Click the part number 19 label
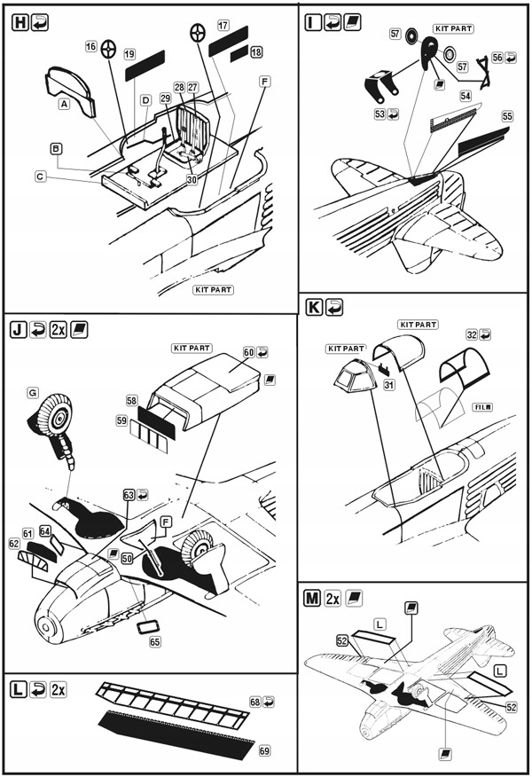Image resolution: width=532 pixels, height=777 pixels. click(129, 54)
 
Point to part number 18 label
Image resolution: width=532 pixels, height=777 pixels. click(256, 52)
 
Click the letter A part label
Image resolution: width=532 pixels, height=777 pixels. click(63, 104)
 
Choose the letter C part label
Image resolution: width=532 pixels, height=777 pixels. click(41, 177)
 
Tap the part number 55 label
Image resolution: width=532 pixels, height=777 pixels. click(507, 116)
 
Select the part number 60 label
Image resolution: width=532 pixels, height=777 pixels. click(249, 353)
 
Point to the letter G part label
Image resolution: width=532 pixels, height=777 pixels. click(32, 391)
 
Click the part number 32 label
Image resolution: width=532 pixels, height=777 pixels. click(472, 336)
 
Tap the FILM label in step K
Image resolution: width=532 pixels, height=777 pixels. click(483, 406)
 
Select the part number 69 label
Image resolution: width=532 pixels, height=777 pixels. click(264, 750)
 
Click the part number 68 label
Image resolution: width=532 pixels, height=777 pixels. click(255, 702)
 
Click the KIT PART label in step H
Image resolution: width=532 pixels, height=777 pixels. click(213, 289)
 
